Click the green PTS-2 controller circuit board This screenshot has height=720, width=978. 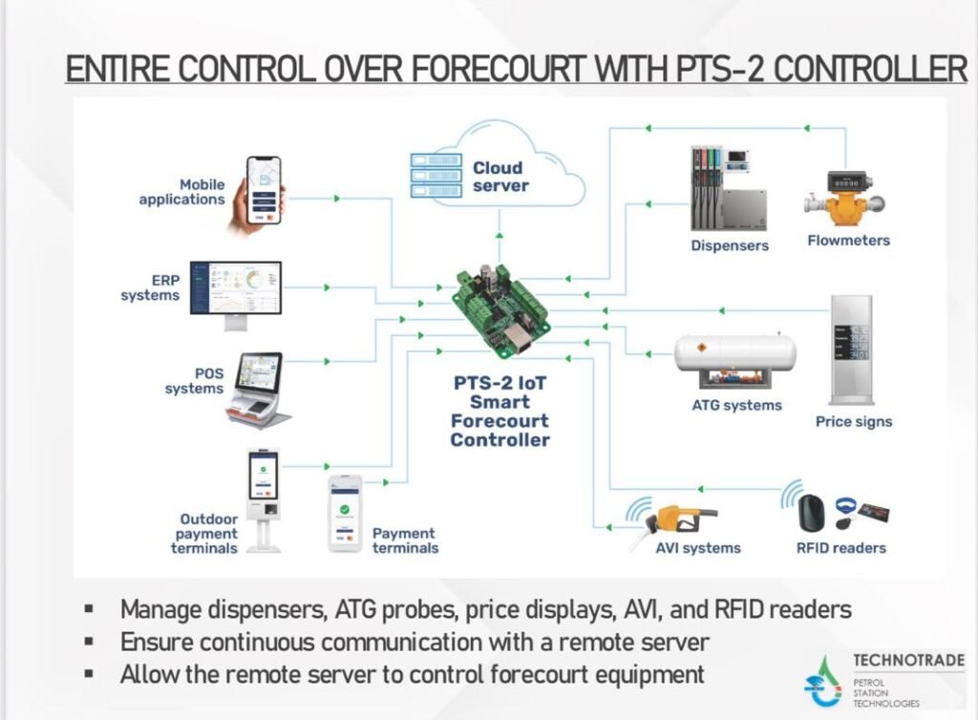(x=500, y=307)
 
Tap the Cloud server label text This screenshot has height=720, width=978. (x=500, y=177)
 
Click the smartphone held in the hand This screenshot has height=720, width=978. (x=263, y=190)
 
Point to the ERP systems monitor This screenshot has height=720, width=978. (x=235, y=289)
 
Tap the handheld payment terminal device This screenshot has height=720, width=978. (x=344, y=514)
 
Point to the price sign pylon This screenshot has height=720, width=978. (x=850, y=348)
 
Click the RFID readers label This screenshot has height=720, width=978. (x=840, y=548)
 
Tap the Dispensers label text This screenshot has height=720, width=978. (x=730, y=245)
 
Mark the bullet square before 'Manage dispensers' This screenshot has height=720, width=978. (x=89, y=608)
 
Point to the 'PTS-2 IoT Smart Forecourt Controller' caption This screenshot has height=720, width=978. (x=500, y=412)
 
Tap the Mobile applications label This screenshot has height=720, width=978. (x=182, y=192)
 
